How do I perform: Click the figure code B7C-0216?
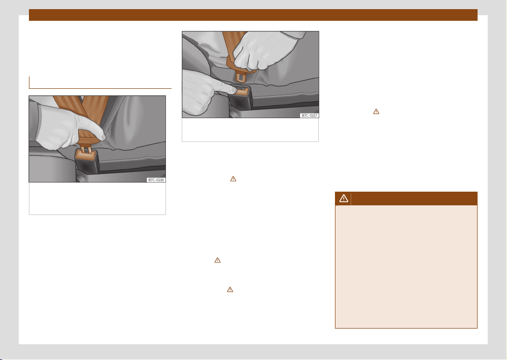click(156, 180)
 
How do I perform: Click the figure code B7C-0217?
click(310, 116)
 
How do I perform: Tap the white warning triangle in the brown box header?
click(344, 198)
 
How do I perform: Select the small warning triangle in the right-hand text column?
click(376, 112)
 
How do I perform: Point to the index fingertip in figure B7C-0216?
click(103, 137)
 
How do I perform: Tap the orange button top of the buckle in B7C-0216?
click(86, 156)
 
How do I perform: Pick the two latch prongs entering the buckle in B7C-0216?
click(85, 149)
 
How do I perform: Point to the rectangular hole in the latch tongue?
click(241, 77)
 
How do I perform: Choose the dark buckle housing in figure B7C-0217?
click(241, 100)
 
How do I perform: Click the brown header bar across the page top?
click(253, 15)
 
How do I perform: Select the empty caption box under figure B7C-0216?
click(97, 198)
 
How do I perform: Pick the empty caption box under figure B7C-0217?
click(250, 130)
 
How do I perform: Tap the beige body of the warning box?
click(406, 267)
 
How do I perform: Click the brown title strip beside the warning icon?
click(414, 198)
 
